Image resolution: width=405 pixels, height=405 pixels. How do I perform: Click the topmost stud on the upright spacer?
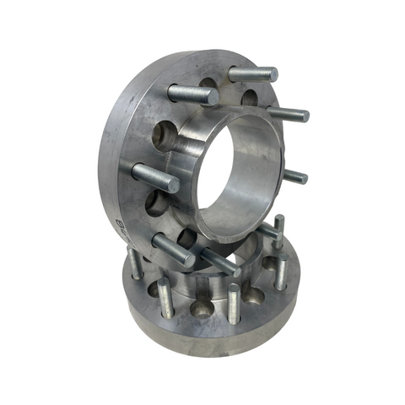[252, 74]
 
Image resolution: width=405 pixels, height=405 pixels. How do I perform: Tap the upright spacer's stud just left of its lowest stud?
[172, 250]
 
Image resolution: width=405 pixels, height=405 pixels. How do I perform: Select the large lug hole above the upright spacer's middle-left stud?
[165, 134]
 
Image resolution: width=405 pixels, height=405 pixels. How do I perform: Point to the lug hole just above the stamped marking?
[155, 202]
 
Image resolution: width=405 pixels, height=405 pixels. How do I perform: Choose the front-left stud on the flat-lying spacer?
[165, 295]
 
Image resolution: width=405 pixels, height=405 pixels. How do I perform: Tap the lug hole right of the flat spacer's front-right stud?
[254, 296]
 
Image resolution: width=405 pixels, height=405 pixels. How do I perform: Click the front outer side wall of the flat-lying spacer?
[211, 333]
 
